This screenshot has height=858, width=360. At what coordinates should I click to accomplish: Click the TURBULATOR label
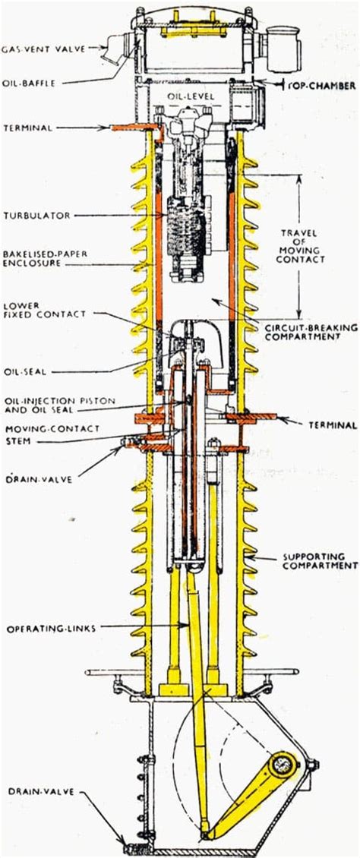click(x=35, y=216)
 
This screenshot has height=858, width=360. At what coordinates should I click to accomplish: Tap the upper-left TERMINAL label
click(x=27, y=128)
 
